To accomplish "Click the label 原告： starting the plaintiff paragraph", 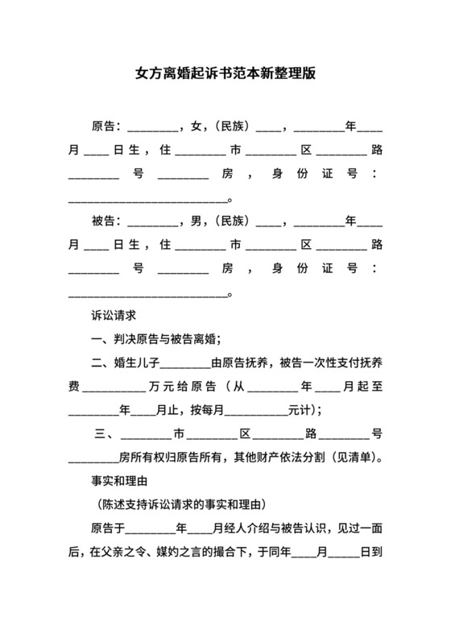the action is click(107, 126).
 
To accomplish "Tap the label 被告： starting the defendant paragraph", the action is click(107, 221).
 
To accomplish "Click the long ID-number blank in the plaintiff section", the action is click(149, 201).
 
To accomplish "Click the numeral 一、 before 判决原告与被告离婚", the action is click(101, 339).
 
